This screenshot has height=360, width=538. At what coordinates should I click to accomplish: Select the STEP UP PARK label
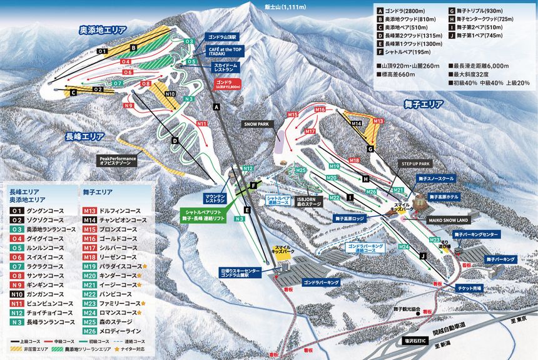[x=416, y=163]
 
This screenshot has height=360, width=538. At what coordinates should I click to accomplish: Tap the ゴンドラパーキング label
[x=321, y=283]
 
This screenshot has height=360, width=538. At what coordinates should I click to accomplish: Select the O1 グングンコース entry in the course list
[x=38, y=211]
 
